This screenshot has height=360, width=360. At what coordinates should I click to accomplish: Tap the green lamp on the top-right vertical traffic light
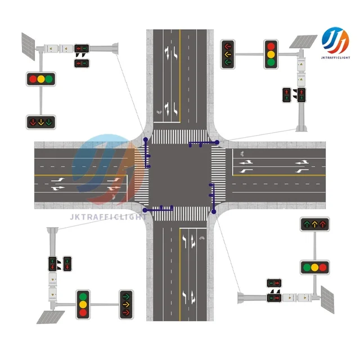tap(271, 62)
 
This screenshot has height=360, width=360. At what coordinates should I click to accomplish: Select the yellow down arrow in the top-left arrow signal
tap(42, 121)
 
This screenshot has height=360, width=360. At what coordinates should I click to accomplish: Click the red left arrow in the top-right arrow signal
tap(228, 47)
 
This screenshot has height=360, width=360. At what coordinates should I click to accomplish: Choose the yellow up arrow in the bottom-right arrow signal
tap(314, 224)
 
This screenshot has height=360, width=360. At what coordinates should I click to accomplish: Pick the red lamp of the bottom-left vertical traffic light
tap(83, 296)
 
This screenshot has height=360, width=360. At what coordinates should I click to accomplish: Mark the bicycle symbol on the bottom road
tap(201, 238)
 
